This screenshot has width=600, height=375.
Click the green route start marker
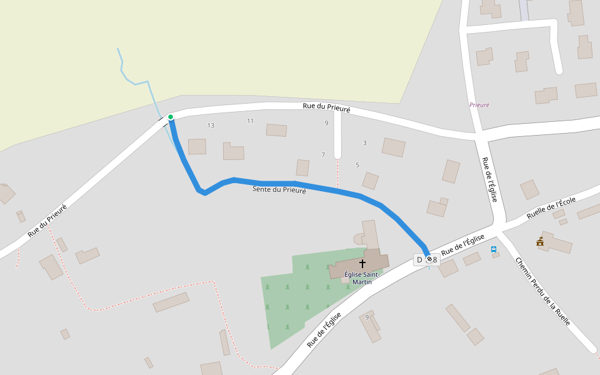[170, 117]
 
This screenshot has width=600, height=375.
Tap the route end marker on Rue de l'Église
[429, 259]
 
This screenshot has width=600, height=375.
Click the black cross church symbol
[362, 264]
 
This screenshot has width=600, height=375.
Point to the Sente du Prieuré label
[279, 189]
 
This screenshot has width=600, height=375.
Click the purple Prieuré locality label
[479, 105]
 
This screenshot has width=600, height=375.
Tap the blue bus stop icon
[494, 249]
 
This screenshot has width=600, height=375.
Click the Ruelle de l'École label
[551, 208]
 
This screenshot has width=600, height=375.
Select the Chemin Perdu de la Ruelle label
[543, 292]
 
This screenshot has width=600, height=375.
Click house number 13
[211, 126]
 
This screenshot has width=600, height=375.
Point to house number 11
[251, 121]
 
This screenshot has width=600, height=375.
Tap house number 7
[323, 154]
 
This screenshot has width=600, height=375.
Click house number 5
[357, 165]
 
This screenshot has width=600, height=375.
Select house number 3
[365, 143]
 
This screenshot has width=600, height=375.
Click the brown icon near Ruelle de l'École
[540, 241]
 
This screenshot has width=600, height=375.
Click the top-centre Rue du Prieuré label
[326, 107]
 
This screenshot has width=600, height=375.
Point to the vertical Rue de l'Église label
[489, 179]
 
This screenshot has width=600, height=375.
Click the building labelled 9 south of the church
[370, 326]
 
